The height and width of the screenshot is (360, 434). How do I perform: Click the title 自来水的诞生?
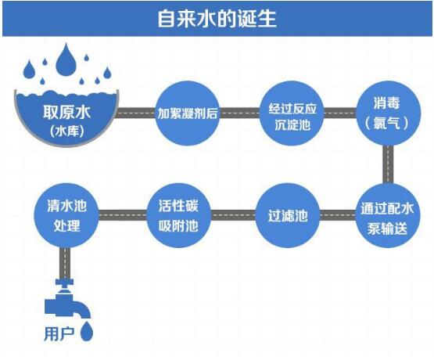click(x=217, y=19)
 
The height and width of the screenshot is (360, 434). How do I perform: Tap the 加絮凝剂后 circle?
click(x=188, y=113)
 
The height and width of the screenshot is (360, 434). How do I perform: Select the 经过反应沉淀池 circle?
click(x=292, y=113)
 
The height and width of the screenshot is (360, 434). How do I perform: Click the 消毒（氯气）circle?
click(x=388, y=113)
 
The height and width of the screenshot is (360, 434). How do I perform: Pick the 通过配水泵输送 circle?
click(x=388, y=215)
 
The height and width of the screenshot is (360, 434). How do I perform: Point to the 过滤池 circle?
click(x=288, y=215)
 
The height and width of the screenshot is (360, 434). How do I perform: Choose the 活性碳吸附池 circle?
click(x=178, y=215)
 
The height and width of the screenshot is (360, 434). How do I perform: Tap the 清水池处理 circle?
click(x=66, y=215)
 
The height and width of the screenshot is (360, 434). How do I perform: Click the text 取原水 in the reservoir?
click(x=66, y=113)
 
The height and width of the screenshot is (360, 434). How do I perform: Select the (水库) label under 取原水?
click(x=67, y=131)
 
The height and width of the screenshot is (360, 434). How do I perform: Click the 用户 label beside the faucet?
click(x=59, y=334)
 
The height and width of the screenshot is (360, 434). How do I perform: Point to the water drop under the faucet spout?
click(x=87, y=331)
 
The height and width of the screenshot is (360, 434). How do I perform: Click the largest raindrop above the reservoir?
click(x=66, y=59)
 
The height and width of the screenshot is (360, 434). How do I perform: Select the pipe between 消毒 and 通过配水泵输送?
click(x=388, y=164)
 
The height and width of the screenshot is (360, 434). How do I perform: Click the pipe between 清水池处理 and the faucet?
click(x=65, y=263)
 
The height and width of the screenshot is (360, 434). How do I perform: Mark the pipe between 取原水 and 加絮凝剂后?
click(x=136, y=113)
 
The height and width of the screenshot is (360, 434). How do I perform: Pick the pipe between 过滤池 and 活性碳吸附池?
click(x=233, y=215)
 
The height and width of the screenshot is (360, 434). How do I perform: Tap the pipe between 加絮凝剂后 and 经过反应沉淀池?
click(x=240, y=113)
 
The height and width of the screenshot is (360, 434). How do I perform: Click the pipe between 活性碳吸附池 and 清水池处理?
click(x=123, y=215)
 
